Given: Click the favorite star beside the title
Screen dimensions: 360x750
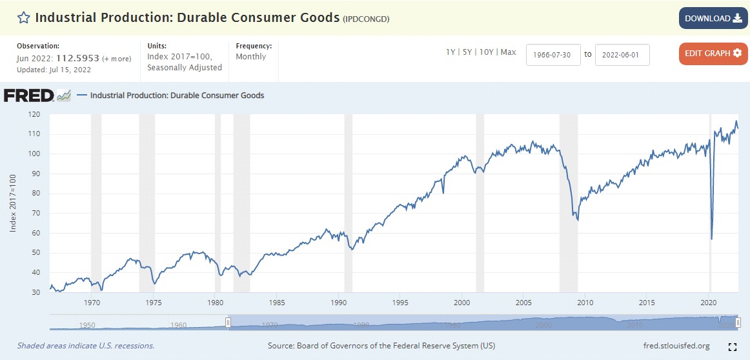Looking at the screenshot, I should [x=24, y=18].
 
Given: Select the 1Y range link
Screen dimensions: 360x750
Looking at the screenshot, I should [x=451, y=52].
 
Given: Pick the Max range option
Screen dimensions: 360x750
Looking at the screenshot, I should [x=508, y=52].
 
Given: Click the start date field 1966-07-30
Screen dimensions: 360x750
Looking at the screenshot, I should [x=553, y=54].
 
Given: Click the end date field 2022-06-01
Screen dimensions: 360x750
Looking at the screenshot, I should [x=622, y=54].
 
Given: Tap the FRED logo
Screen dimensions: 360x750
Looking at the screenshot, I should [x=29, y=95].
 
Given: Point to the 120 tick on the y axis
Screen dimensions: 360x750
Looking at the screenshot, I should [x=34, y=114].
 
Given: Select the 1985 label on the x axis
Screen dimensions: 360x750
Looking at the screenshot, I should [x=277, y=302].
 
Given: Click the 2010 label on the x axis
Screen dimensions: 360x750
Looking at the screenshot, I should [x=585, y=302].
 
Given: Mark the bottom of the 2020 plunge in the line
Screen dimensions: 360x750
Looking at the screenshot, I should [x=711, y=239].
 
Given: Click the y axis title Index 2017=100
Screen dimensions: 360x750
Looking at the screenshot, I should [x=13, y=203].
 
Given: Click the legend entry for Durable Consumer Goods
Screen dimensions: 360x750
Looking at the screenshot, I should [x=177, y=95].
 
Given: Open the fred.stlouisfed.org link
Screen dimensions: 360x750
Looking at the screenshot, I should [x=676, y=346].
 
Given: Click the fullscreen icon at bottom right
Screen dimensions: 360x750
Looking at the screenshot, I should [x=732, y=346].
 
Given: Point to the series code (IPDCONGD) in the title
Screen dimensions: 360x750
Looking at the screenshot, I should [x=366, y=19].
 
